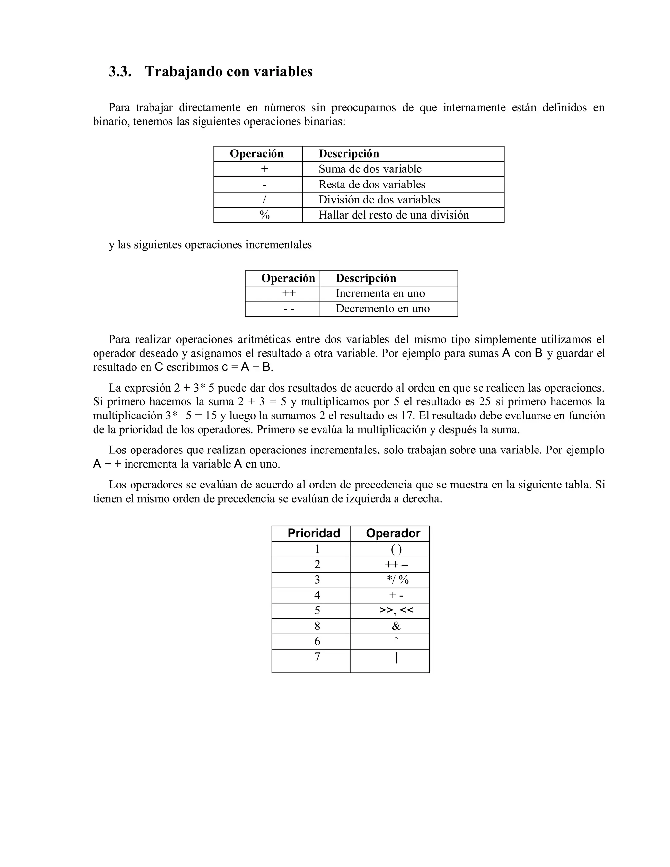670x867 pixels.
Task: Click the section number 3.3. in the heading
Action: tap(119, 72)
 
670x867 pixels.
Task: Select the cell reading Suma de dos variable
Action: tap(370, 169)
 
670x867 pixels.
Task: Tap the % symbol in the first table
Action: tap(264, 215)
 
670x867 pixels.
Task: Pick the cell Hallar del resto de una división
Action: tap(393, 215)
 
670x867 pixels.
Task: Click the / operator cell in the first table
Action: tap(264, 200)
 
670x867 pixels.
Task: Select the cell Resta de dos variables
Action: tap(372, 185)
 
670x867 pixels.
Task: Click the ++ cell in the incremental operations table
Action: tap(289, 293)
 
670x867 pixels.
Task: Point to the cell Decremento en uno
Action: tap(382, 309)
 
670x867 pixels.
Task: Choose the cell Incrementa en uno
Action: tap(380, 293)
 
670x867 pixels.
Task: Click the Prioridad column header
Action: tap(313, 533)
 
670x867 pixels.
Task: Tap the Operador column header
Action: tap(393, 533)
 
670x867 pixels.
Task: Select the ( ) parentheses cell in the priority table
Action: tap(396, 549)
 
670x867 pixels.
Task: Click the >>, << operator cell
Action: tap(396, 610)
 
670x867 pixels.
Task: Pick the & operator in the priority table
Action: tap(396, 626)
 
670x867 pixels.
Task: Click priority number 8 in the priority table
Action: tap(317, 626)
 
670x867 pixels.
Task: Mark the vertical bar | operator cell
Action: tap(396, 658)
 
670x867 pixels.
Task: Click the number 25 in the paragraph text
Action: tap(485, 401)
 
